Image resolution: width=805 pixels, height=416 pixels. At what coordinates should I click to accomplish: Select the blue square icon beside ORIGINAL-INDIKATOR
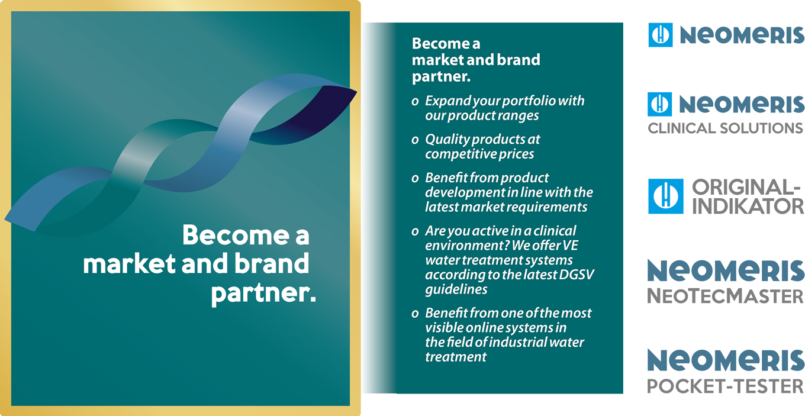point(665,196)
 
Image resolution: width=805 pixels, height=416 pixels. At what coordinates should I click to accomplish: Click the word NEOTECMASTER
point(725,296)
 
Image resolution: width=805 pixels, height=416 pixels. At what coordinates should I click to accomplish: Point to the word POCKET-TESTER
point(725,386)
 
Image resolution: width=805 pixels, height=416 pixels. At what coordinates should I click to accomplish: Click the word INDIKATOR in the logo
point(748,206)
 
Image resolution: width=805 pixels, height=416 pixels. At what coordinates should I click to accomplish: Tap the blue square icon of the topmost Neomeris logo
point(661,35)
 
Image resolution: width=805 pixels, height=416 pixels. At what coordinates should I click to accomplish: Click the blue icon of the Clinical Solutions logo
point(660,104)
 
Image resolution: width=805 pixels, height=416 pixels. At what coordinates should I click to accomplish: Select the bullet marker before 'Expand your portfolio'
point(415,102)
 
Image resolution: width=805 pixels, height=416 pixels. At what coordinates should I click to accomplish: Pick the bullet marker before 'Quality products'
point(415,140)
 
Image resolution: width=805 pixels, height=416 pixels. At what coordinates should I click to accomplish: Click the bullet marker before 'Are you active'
point(415,232)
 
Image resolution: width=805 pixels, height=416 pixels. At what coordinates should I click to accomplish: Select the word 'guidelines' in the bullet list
point(456,289)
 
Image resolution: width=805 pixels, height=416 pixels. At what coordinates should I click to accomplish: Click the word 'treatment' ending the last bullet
point(456,357)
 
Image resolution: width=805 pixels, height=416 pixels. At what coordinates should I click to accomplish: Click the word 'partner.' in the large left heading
point(263,294)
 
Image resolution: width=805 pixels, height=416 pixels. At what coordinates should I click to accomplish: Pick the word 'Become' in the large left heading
point(236,236)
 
